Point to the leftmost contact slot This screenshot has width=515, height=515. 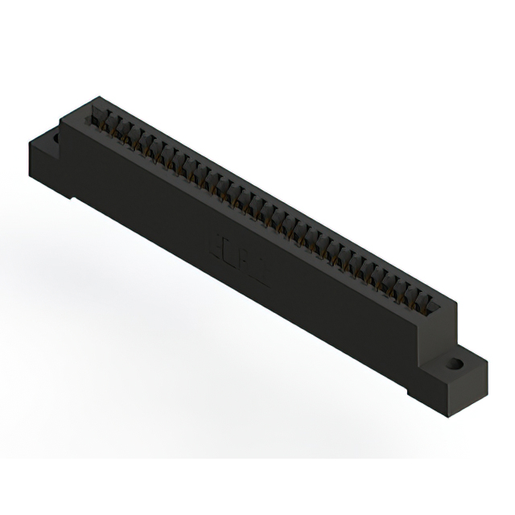102,118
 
